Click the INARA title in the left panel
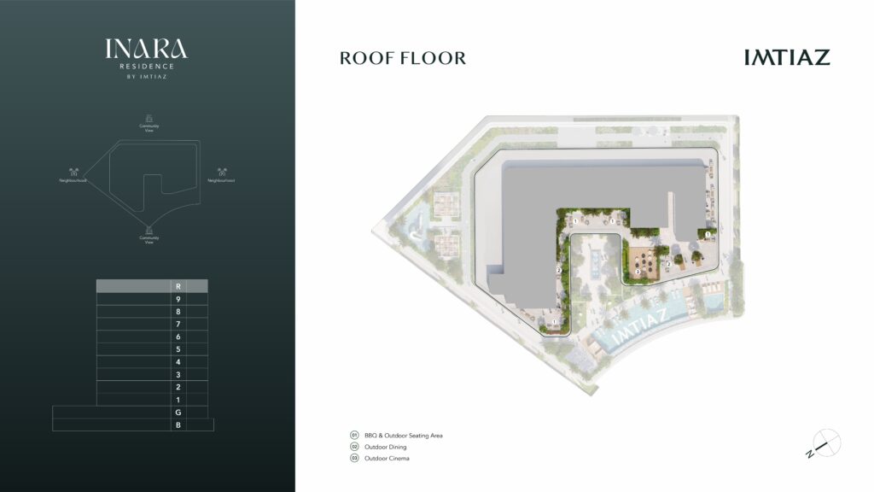click(147, 49)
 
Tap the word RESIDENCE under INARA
click(147, 67)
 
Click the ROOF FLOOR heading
click(403, 58)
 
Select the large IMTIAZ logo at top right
click(786, 57)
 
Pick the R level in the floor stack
click(178, 287)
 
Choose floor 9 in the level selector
click(178, 300)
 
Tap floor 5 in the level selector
click(178, 349)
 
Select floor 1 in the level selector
click(178, 400)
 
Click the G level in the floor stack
click(178, 413)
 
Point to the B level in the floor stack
click(178, 425)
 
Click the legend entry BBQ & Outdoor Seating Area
click(403, 436)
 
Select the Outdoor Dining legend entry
click(384, 447)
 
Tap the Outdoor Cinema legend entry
click(386, 459)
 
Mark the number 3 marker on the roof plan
click(638, 272)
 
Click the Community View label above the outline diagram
click(149, 127)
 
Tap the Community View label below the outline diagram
click(149, 240)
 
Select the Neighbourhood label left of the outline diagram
click(74, 181)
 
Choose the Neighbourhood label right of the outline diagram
click(222, 181)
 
